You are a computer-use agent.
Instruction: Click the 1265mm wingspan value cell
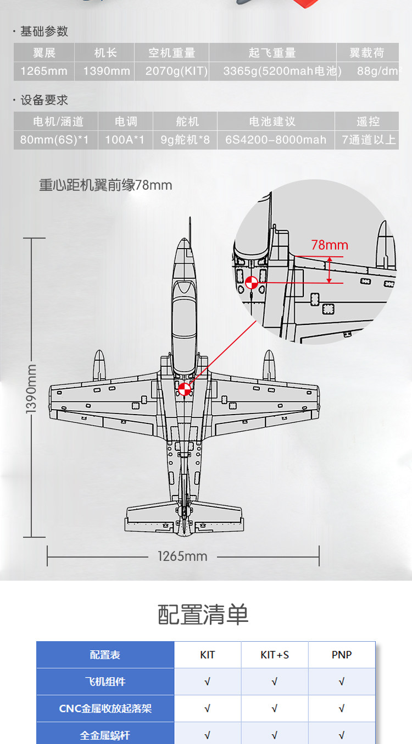pyautogui.click(x=44, y=71)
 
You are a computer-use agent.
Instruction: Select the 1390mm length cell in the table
pyautogui.click(x=107, y=71)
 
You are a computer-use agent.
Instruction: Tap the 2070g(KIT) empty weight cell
pyautogui.click(x=176, y=71)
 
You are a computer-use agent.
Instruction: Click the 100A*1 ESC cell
pyautogui.click(x=125, y=140)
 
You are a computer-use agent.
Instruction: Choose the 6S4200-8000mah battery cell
pyautogui.click(x=276, y=140)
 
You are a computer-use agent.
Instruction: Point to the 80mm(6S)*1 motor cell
pyautogui.click(x=54, y=140)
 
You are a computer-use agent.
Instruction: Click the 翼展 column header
pyautogui.click(x=44, y=53)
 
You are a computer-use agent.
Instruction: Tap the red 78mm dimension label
pyautogui.click(x=330, y=245)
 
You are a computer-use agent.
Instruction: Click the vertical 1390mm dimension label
pyautogui.click(x=31, y=388)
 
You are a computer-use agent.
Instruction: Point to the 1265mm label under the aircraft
pyautogui.click(x=182, y=556)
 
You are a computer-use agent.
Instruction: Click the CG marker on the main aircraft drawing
pyautogui.click(x=185, y=389)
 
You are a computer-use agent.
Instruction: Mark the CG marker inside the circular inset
pyautogui.click(x=252, y=283)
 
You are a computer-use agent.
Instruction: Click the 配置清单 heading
pyautogui.click(x=203, y=614)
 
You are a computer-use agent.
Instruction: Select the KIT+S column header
pyautogui.click(x=275, y=655)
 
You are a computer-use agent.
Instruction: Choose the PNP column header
pyautogui.click(x=342, y=655)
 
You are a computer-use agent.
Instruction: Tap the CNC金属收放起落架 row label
pyautogui.click(x=105, y=709)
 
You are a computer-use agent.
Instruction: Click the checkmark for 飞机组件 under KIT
pyautogui.click(x=207, y=682)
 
